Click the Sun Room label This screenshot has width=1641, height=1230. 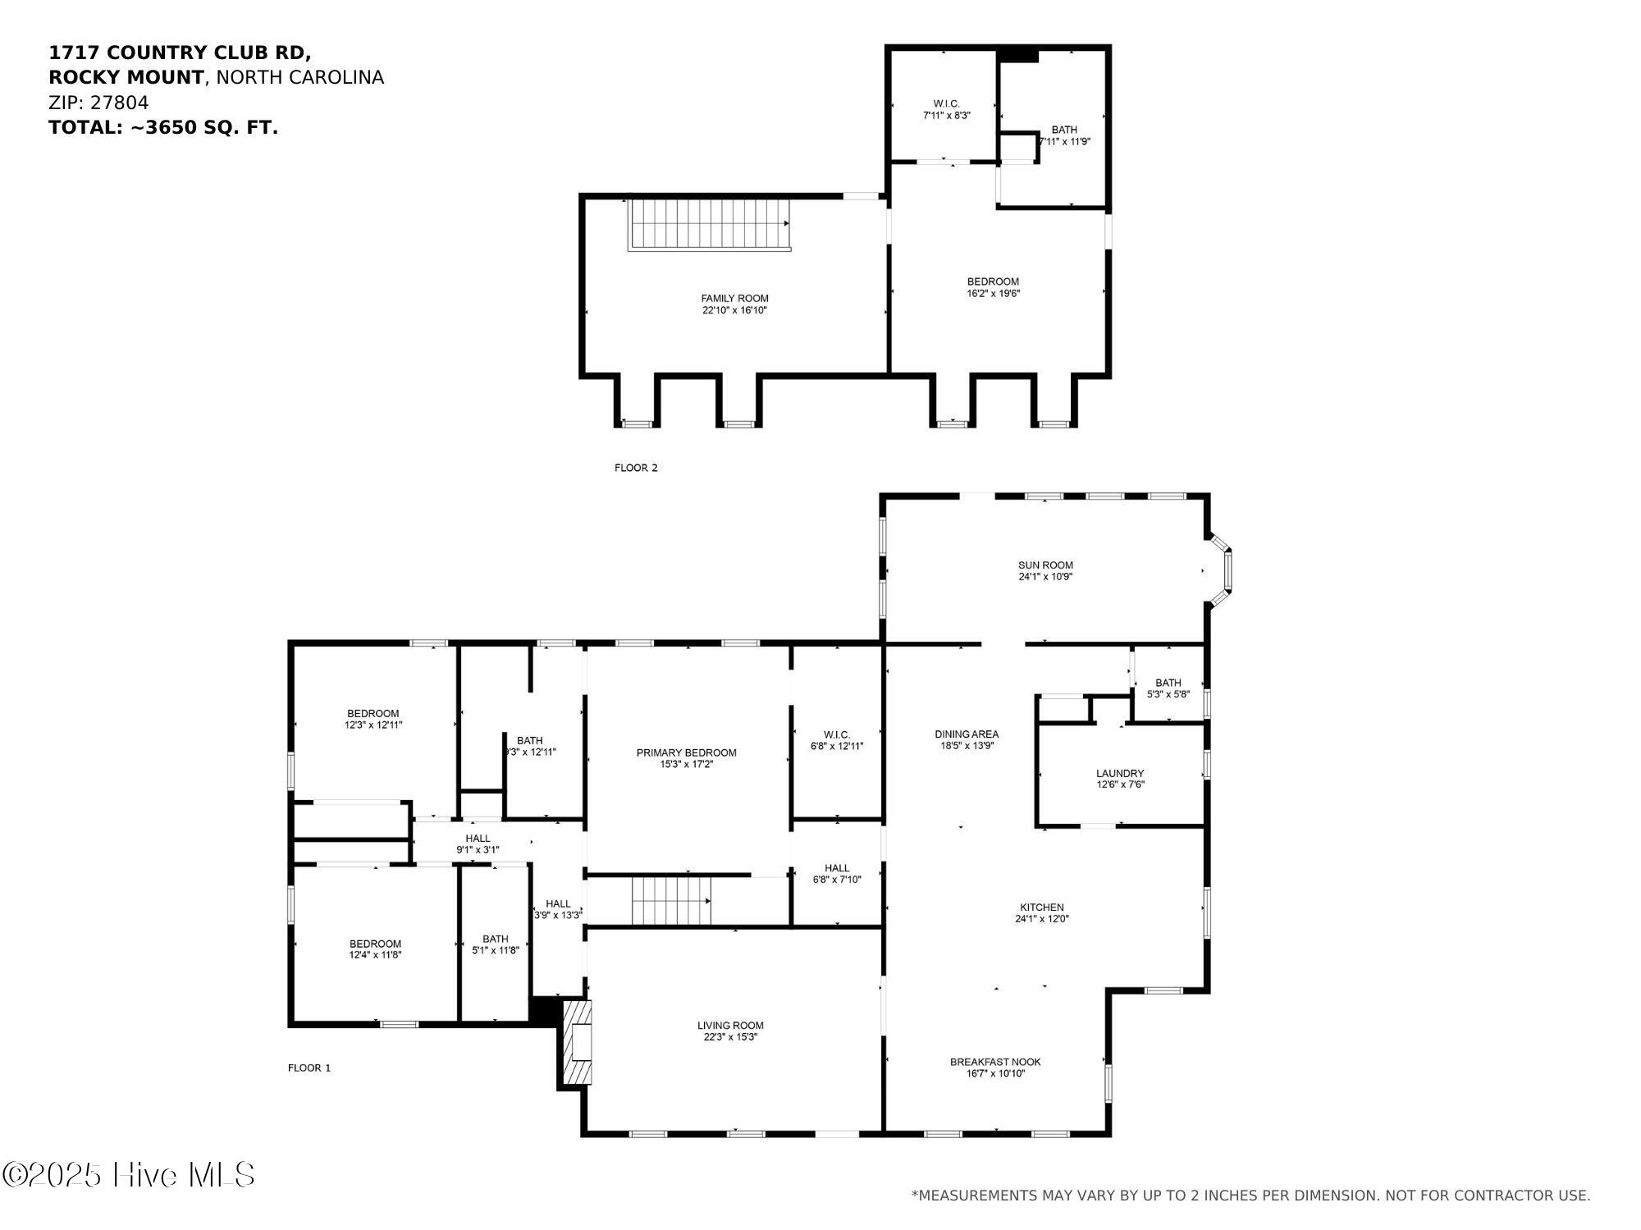[x=1045, y=565]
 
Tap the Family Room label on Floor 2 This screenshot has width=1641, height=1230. [x=734, y=298]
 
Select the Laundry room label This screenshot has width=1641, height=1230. [x=1120, y=773]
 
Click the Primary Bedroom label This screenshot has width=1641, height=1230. [x=687, y=752]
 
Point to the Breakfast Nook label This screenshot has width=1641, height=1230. [x=995, y=1062]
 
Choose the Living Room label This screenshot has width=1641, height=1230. [x=730, y=1025]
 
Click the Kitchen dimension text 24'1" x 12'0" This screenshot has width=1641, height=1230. [x=1042, y=919]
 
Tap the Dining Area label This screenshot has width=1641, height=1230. [x=967, y=734]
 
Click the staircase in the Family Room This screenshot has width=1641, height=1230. [x=710, y=224]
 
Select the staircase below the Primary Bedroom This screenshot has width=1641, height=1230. [x=670, y=900]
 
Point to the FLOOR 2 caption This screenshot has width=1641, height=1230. [x=636, y=468]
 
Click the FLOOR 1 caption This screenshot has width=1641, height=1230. [x=309, y=1068]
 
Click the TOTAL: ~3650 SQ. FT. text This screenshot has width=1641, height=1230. [x=163, y=128]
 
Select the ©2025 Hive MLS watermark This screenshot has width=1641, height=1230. [x=129, y=1175]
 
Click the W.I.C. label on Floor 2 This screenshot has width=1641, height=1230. [x=946, y=103]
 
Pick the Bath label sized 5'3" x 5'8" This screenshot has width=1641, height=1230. [x=1168, y=683]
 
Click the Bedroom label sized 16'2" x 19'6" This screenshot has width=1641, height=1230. [x=993, y=281]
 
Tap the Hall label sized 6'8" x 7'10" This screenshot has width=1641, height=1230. [x=837, y=868]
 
